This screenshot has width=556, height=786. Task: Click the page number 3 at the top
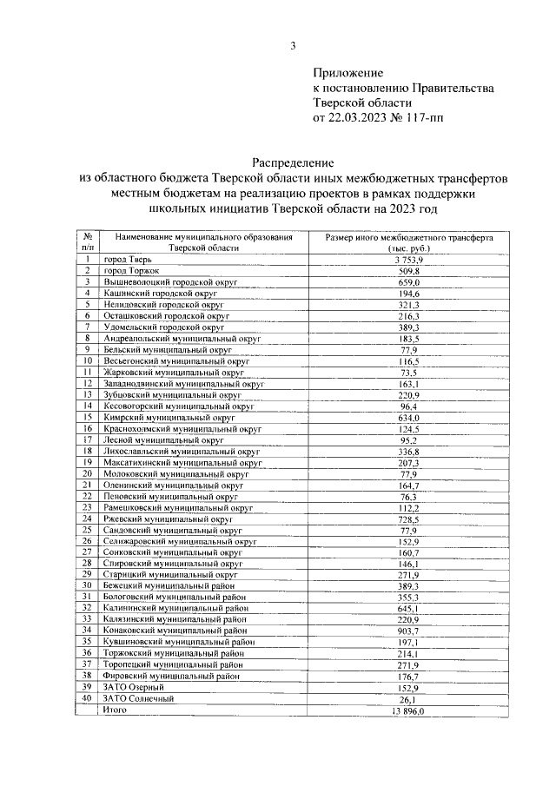293,46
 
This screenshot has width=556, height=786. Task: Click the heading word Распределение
293,162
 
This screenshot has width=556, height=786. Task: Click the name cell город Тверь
130,260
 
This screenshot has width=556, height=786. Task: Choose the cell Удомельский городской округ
164,327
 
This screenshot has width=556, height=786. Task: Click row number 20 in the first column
88,473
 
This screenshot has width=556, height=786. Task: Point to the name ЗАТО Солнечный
139,697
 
